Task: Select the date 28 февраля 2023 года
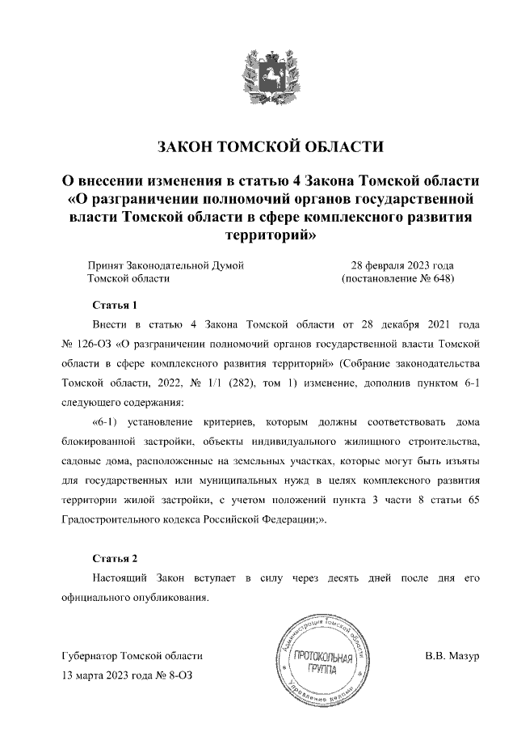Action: [x=401, y=265]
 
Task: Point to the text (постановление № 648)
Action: [x=398, y=279]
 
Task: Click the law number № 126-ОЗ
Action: [x=88, y=344]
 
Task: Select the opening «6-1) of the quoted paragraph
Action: [x=110, y=422]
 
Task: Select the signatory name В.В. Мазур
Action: [x=452, y=655]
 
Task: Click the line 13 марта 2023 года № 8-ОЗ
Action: [x=128, y=675]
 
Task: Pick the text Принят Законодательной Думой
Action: [x=165, y=265]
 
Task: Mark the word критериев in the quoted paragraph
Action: [x=234, y=422]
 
